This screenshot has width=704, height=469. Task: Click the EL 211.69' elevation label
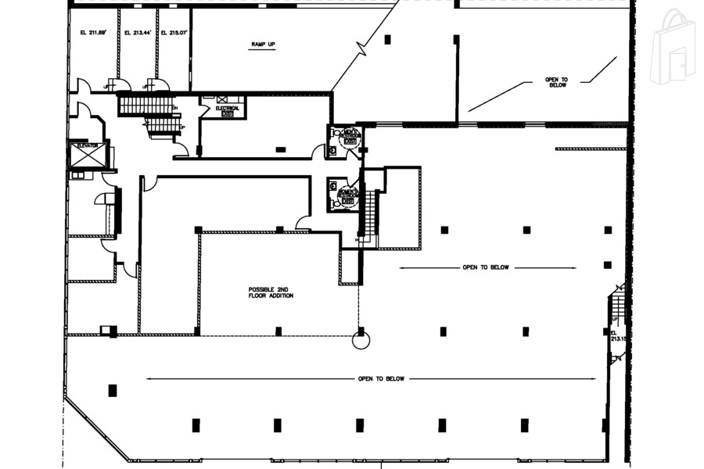[x=93, y=33]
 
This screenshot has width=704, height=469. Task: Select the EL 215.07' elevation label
[x=174, y=33]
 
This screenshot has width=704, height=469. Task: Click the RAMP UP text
[x=263, y=44]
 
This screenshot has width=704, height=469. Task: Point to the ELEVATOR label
[x=87, y=145]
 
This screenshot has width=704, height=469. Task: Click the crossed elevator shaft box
[x=87, y=156]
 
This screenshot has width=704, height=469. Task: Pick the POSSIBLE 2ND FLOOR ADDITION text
[x=271, y=292]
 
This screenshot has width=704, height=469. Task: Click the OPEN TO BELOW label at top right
[x=556, y=82]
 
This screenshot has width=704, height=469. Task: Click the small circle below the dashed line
[x=361, y=340]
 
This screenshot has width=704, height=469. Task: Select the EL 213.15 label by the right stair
[x=619, y=335]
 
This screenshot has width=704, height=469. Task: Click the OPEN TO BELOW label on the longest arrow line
[x=381, y=379]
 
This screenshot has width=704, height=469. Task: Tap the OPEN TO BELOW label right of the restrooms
[x=485, y=267]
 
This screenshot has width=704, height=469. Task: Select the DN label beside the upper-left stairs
[x=174, y=108]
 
